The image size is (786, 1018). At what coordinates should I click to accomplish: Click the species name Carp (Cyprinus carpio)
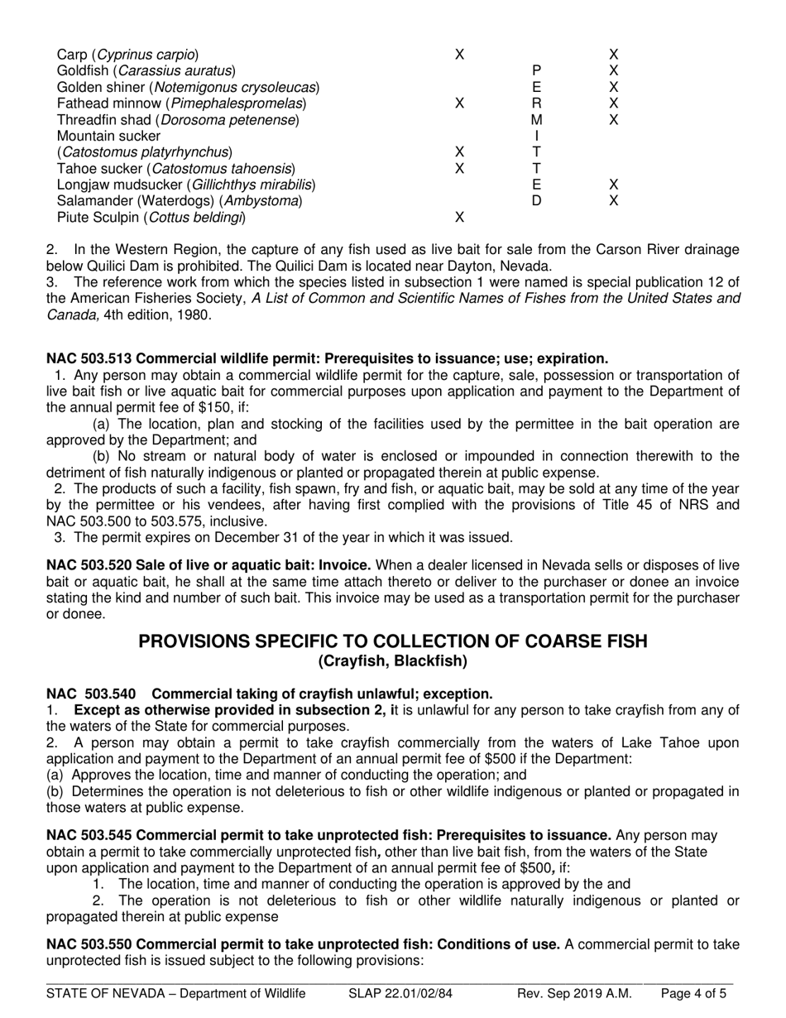coord(127,55)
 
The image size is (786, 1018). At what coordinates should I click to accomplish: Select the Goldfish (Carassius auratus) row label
coord(146,71)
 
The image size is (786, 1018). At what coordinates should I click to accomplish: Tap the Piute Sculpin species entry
coord(151,218)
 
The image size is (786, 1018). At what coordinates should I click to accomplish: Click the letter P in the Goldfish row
coord(536,71)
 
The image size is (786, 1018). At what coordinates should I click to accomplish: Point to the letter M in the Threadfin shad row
coord(536,120)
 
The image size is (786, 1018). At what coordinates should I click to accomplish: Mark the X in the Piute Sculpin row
coord(459,218)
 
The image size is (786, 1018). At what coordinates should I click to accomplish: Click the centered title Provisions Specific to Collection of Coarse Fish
coord(392,641)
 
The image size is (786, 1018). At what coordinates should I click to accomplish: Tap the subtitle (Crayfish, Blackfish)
coord(392,660)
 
